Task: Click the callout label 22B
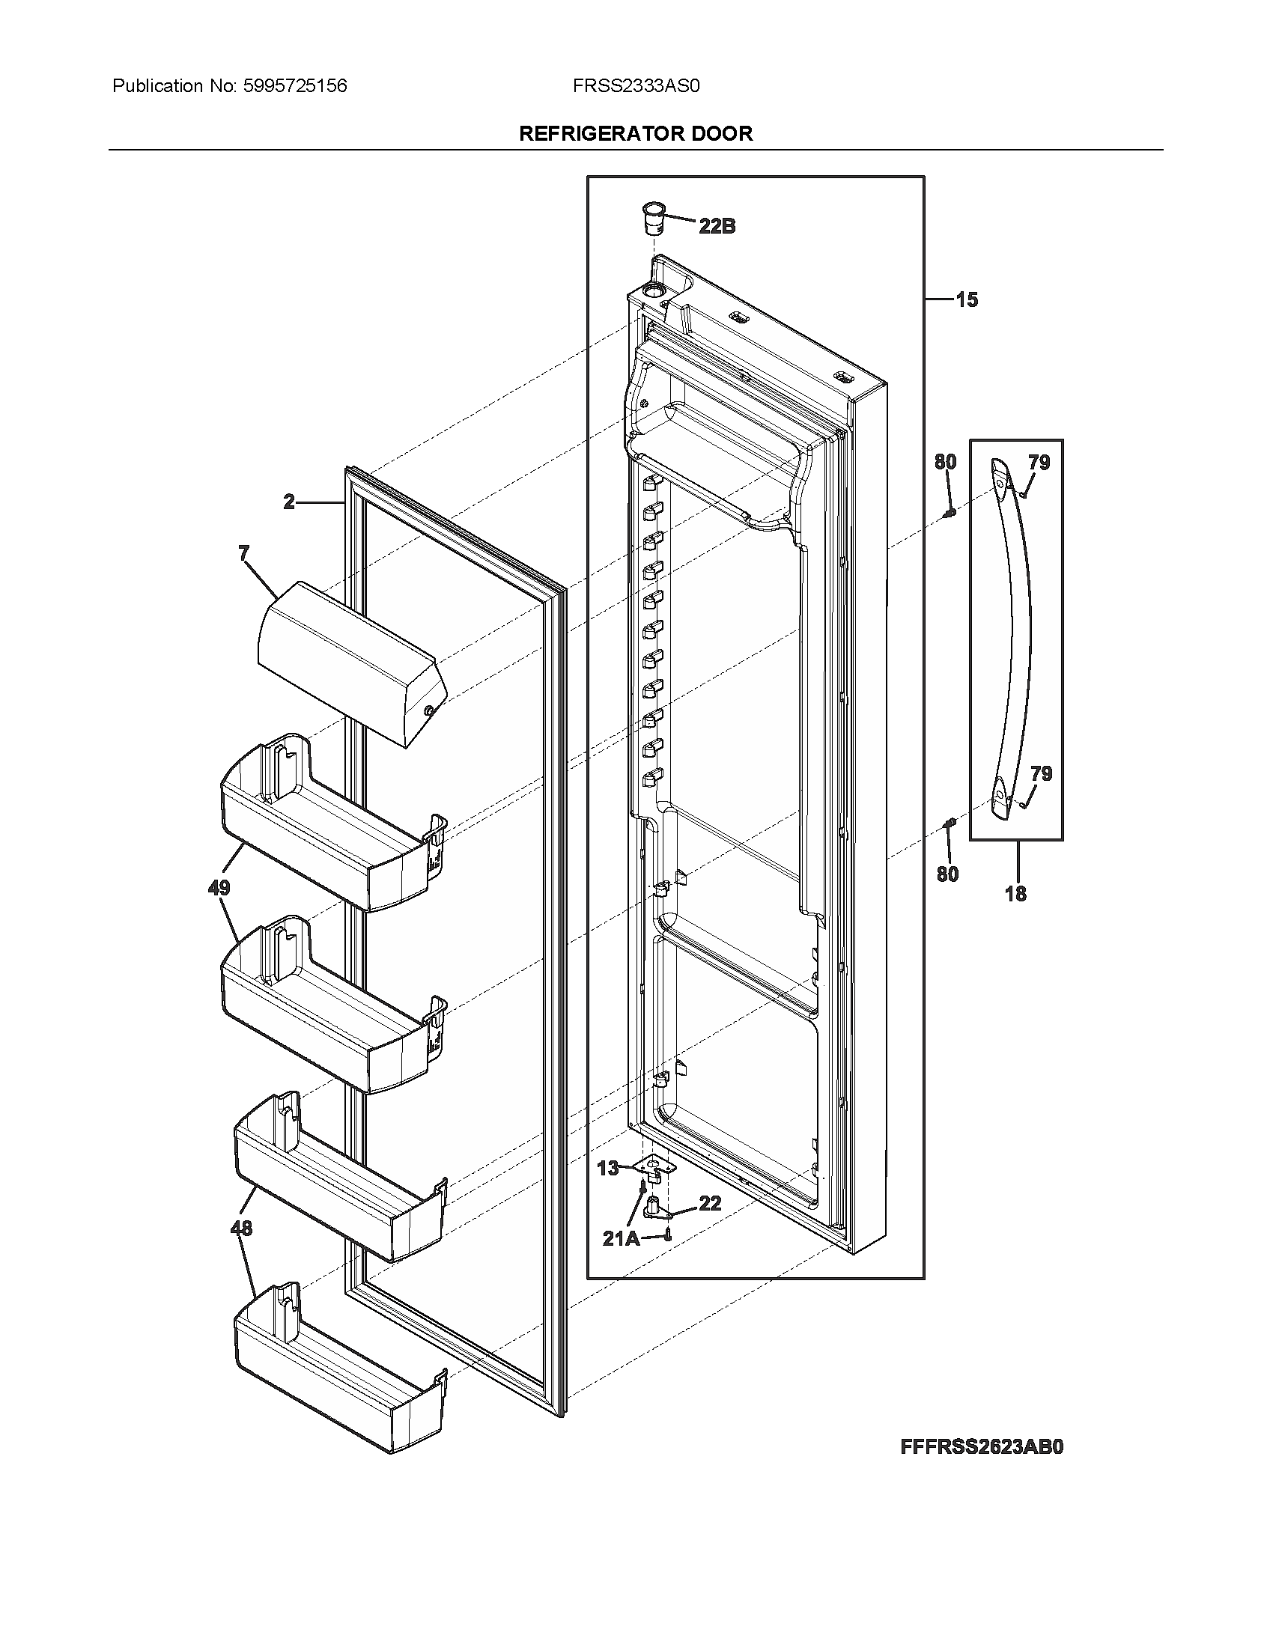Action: (717, 225)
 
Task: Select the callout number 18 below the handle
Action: (1015, 895)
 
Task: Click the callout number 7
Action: (243, 554)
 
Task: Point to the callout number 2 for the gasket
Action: (289, 502)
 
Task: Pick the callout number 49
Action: (219, 888)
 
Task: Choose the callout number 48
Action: (240, 1229)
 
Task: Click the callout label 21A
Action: (620, 1238)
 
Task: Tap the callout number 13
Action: (607, 1168)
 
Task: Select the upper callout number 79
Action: (1039, 463)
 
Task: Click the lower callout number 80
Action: (947, 874)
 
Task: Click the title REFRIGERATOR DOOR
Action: (636, 133)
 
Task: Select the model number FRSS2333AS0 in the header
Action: (636, 86)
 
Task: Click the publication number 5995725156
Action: (295, 86)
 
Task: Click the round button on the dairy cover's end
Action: (428, 710)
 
